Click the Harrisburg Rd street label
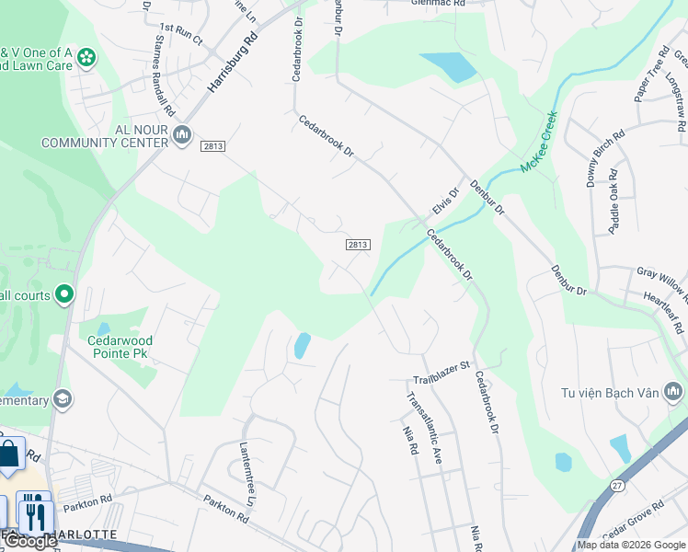pos(232,64)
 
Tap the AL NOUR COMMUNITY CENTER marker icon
pos(182,136)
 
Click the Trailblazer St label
pos(441,373)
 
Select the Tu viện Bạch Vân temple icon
pos(673,393)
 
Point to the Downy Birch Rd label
pos(591,158)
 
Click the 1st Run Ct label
pos(180,34)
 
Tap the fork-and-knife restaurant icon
pos(34,512)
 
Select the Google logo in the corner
pos(30,541)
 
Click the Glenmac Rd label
pos(432,3)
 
